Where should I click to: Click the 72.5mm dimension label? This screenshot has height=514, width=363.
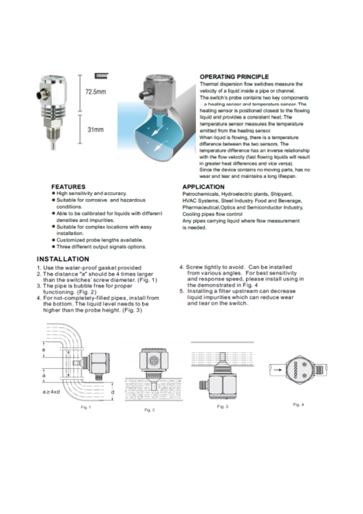[96, 92]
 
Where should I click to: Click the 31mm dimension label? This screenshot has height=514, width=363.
[95, 130]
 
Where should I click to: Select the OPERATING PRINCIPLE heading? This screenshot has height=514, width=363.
[234, 77]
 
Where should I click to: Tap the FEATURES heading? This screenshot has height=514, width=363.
[68, 187]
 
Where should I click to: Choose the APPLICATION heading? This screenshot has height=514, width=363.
[203, 187]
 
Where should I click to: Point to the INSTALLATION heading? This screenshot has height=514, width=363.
[63, 259]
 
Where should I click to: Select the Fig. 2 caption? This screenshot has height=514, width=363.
[150, 410]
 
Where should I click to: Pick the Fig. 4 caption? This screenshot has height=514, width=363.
[298, 405]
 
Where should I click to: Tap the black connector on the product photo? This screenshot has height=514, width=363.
[38, 96]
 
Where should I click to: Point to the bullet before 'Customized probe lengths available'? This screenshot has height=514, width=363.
[54, 240]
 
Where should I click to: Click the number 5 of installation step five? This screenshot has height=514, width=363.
[181, 291]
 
